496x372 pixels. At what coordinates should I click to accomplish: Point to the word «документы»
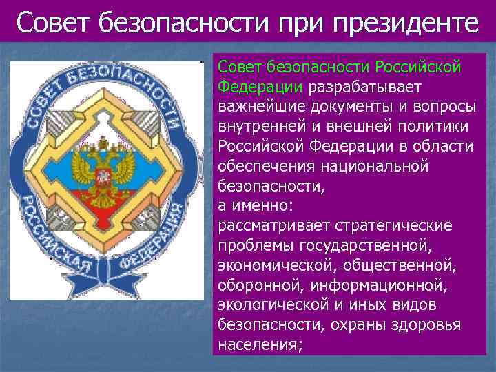pos(344,107)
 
